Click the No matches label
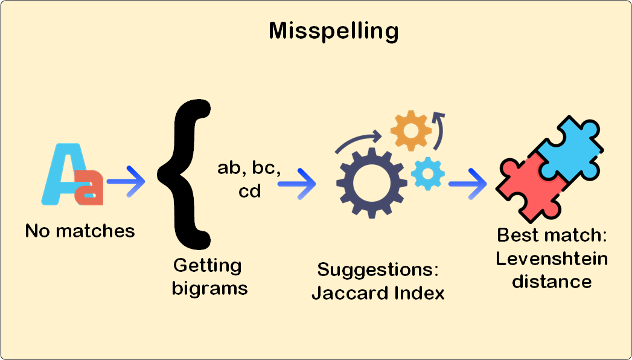point(80,231)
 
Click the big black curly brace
point(184,175)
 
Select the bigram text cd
point(249,191)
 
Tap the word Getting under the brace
point(207,266)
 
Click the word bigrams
point(209,288)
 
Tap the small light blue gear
point(428,173)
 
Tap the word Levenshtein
point(552,259)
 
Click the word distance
point(551,281)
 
